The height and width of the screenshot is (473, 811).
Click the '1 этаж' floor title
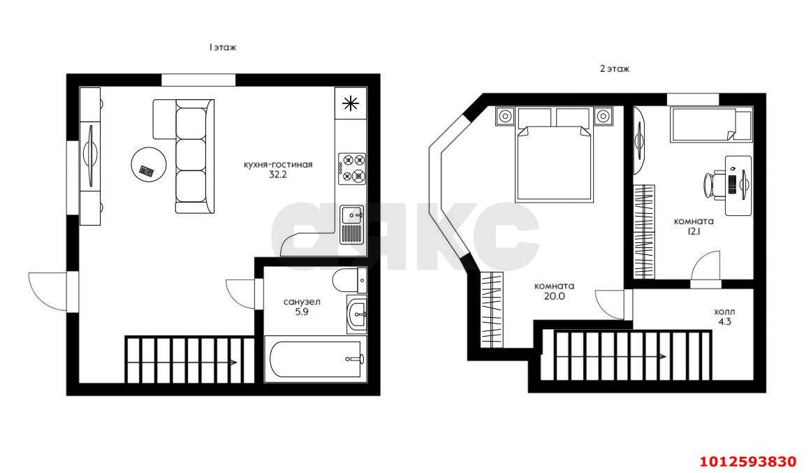tap(222, 47)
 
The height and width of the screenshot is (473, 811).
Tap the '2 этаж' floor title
tap(615, 68)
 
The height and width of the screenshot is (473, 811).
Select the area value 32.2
tap(278, 175)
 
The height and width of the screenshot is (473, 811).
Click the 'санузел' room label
tap(302, 302)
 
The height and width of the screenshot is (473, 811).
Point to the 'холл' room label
tap(724, 312)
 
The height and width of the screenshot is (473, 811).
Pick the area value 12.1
tap(694, 232)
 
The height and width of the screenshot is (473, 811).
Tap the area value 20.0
tap(554, 296)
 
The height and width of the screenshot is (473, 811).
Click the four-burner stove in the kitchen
tap(351, 168)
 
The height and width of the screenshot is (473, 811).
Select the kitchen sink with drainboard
tap(352, 224)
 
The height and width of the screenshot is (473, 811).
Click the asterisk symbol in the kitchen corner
tap(351, 103)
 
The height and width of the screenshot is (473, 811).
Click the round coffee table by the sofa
tap(149, 164)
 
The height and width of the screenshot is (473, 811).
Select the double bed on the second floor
tap(554, 154)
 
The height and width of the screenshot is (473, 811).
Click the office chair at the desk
tap(714, 184)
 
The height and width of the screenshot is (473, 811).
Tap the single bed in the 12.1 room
tap(711, 124)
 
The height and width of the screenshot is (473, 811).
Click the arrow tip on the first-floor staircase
tap(237, 362)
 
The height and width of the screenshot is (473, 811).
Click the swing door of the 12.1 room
tap(706, 269)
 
